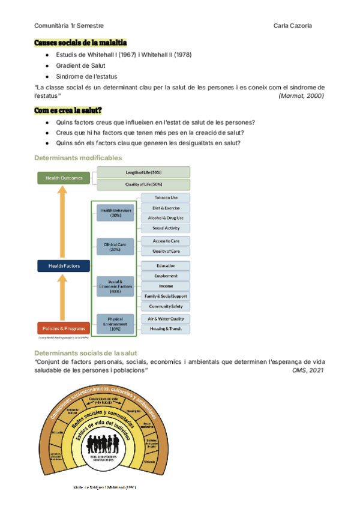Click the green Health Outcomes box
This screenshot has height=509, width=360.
tap(63, 178)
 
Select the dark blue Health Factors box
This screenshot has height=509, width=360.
tap(63, 265)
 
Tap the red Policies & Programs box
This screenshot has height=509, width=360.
tap(63, 328)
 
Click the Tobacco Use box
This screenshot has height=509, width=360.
tap(165, 197)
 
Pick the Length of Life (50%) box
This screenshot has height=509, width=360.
tap(144, 173)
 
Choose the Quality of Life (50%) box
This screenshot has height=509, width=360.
tap(144, 184)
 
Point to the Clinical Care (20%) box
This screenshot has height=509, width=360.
tap(115, 246)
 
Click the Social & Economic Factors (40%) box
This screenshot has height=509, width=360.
tap(115, 286)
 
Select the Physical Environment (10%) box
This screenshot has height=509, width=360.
tap(115, 324)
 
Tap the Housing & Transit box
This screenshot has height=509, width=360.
tap(165, 329)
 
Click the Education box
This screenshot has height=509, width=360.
tap(165, 266)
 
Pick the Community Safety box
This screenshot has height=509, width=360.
tap(165, 306)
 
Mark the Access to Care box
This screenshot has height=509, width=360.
tap(165, 241)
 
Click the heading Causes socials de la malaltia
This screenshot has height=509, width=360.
tap(80, 43)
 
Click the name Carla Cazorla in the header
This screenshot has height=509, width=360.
tap(292, 26)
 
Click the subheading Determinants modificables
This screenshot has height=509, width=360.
tap(78, 158)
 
